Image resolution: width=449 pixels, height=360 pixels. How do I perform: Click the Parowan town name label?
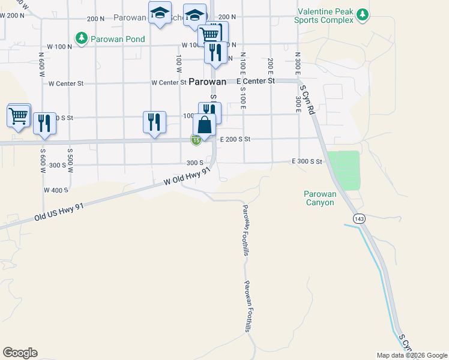[x=208, y=82]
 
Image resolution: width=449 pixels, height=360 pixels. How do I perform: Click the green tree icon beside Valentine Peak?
[x=362, y=14]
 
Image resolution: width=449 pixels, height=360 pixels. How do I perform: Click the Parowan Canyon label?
[x=319, y=198]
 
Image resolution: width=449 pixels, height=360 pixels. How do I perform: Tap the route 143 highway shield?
[x=359, y=219]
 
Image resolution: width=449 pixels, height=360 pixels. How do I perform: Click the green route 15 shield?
[x=196, y=140]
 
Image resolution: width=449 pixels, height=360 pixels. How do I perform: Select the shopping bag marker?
[x=204, y=125]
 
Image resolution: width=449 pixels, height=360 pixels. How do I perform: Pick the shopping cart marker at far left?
[x=19, y=115]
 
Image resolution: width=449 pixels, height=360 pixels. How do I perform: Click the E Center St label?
[x=255, y=80]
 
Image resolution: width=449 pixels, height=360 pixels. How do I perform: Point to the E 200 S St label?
[x=235, y=139]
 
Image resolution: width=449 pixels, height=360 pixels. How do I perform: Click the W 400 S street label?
[x=56, y=190]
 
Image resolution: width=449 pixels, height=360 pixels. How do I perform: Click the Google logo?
[x=20, y=353]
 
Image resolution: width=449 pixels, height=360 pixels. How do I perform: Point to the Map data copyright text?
[x=412, y=355]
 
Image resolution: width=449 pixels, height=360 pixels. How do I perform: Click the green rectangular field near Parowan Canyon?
[x=343, y=170]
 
